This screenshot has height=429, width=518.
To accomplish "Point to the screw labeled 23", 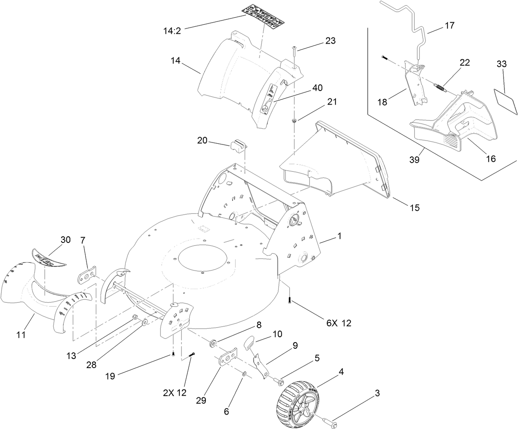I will click(295, 51).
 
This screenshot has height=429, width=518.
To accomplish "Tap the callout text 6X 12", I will click(339, 323).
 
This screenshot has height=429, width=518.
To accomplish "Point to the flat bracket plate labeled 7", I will click(86, 275).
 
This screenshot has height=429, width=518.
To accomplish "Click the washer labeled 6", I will click(245, 374).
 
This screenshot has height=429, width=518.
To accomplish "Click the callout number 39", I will click(414, 160).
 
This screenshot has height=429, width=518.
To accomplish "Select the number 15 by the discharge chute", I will click(415, 208).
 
